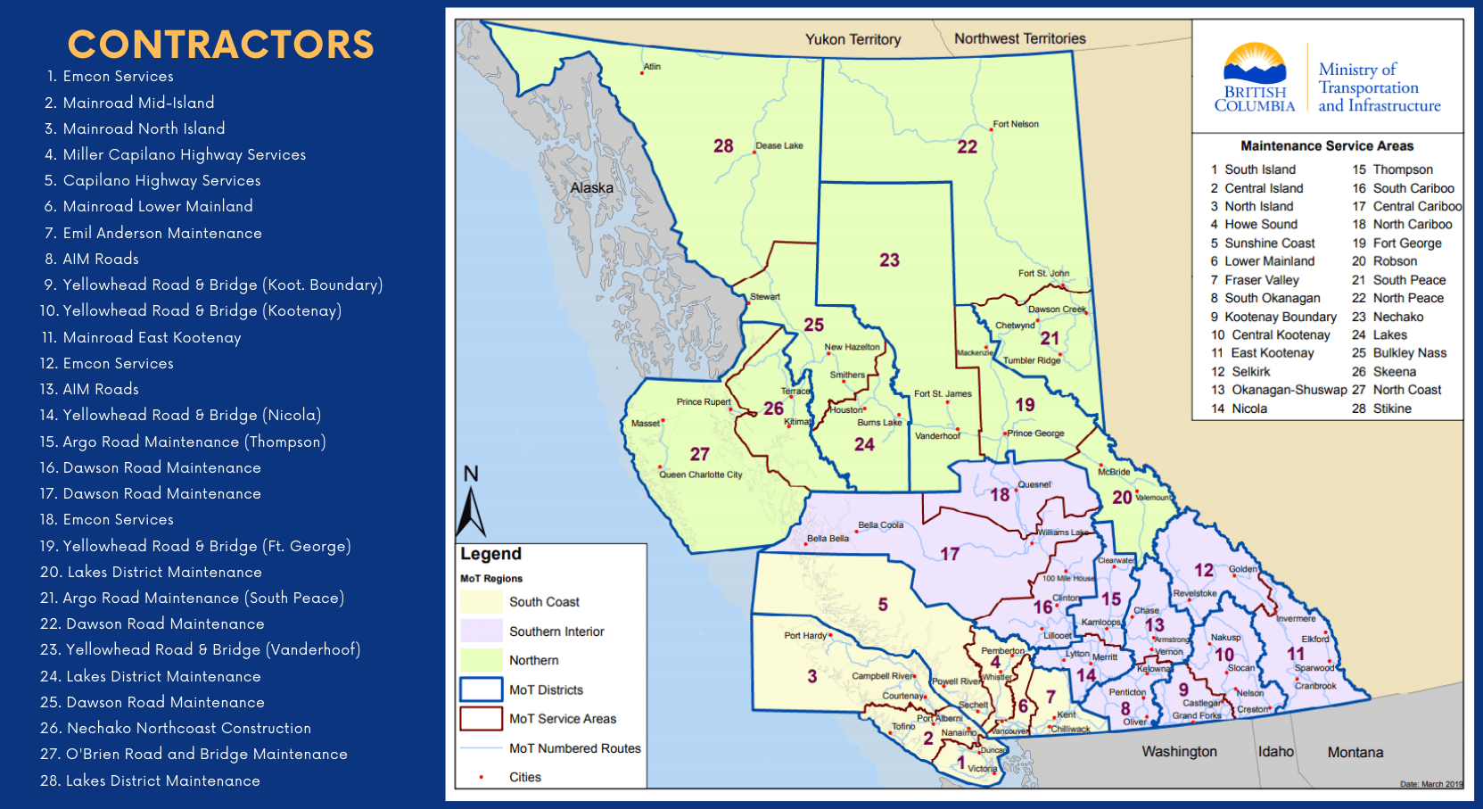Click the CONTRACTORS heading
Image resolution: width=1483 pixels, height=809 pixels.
[220, 45]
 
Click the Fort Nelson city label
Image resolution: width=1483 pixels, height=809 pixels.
[1016, 124]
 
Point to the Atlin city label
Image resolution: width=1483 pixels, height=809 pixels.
[652, 67]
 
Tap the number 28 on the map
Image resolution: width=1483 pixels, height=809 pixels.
[723, 145]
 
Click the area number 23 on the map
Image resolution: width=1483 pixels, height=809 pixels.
[889, 260]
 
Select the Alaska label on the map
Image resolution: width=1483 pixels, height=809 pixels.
[592, 188]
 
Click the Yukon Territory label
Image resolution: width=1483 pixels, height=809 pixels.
[853, 39]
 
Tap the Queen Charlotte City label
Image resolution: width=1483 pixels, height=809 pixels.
[701, 475]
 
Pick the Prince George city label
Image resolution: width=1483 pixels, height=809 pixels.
[1036, 433]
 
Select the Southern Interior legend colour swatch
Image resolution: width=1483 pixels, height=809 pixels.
[482, 631]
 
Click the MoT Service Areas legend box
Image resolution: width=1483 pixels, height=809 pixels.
[482, 718]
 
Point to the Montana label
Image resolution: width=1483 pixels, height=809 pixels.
[1355, 752]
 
